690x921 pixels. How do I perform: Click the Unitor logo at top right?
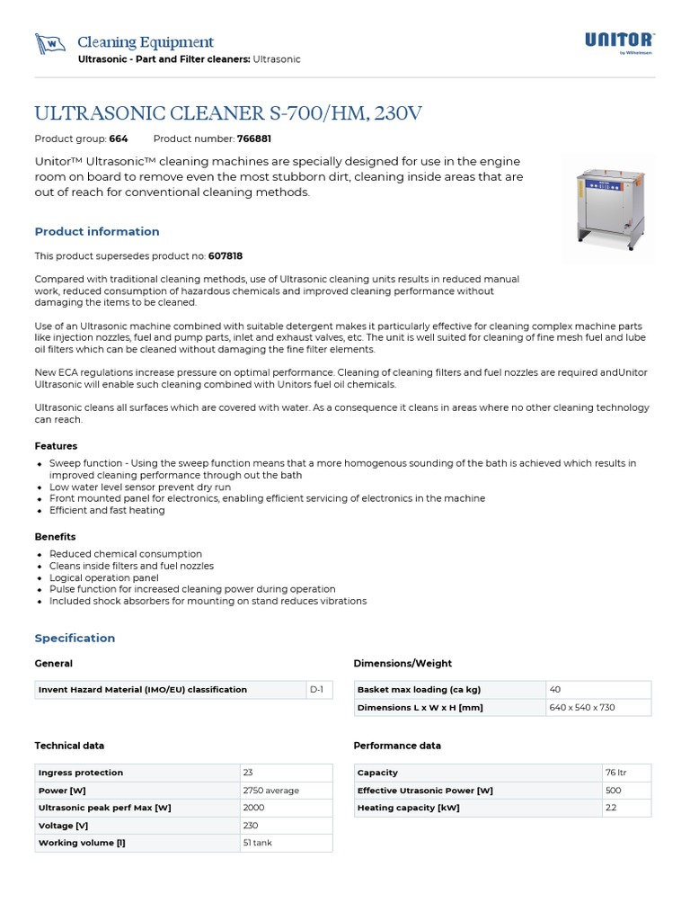click(620, 41)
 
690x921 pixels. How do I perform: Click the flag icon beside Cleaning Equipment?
click(50, 44)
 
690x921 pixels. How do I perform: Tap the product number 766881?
click(254, 139)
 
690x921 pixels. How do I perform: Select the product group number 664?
click(119, 139)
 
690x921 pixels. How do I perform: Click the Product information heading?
click(97, 231)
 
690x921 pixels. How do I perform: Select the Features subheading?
click(56, 446)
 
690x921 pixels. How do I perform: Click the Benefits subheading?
click(55, 537)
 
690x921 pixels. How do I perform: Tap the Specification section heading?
click(75, 638)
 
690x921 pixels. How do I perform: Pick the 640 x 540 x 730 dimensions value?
click(581, 707)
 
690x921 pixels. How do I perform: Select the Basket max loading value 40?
click(555, 690)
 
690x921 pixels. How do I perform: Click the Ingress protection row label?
click(81, 773)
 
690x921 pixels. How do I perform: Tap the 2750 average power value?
click(270, 791)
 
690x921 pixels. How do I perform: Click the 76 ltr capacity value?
click(617, 773)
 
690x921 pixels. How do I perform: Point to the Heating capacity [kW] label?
click(397, 808)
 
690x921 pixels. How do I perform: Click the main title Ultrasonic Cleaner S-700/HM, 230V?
click(227, 113)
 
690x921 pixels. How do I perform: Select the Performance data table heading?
click(397, 746)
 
